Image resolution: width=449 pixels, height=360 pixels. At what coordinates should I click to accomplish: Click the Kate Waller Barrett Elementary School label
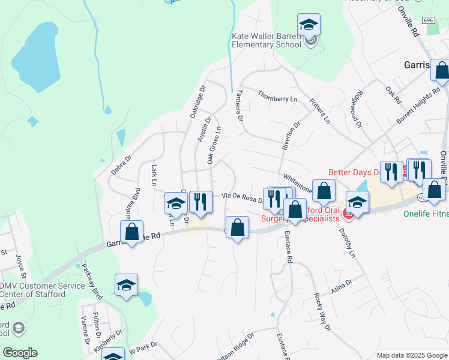tap(266, 40)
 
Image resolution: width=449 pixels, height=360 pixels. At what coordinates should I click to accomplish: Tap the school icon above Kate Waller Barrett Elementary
tap(309, 25)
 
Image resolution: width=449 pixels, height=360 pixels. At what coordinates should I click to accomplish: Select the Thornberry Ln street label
tap(277, 96)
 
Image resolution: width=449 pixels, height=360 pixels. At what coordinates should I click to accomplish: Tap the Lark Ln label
tap(154, 175)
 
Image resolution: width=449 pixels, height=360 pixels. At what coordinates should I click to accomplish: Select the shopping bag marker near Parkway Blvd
tap(131, 232)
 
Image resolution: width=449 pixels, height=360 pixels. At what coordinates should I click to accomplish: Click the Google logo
tap(20, 353)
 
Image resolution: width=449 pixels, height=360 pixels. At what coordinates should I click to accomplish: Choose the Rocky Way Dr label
tap(322, 311)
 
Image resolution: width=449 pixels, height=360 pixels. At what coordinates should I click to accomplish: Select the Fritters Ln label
tap(319, 111)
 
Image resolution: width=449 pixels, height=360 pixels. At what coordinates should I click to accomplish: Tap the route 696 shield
tap(428, 20)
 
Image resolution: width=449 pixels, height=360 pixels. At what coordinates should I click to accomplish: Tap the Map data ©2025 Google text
tap(412, 355)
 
